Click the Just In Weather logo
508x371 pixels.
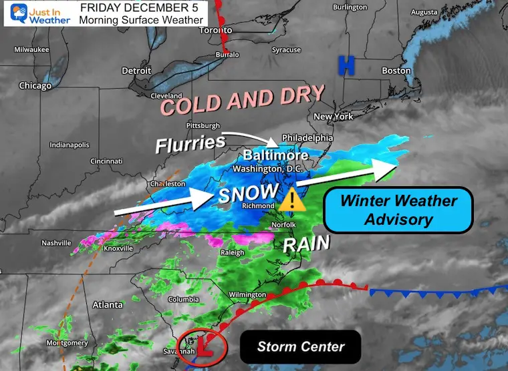[x=37, y=13]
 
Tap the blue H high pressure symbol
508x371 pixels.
[x=346, y=65]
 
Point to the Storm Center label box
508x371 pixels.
[x=301, y=346]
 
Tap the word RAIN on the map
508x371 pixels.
[x=305, y=244]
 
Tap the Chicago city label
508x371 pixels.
[x=35, y=85]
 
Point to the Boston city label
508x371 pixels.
[x=396, y=71]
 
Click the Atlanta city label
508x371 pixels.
[x=108, y=305]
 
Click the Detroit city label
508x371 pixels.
[x=136, y=71]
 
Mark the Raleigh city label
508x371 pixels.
[x=233, y=252]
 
